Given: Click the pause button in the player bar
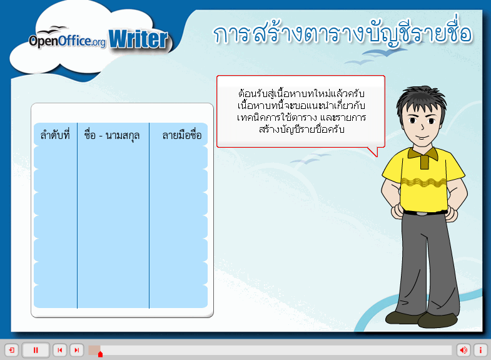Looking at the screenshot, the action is coord(36,350).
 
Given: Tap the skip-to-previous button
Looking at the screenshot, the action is coord(60,350).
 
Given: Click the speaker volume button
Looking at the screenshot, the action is coord(463,350).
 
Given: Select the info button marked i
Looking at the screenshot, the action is coord(480,350).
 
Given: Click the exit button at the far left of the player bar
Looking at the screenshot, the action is coord(12,350).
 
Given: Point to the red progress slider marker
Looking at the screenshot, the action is coord(100,354).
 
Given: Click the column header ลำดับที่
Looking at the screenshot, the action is coord(55,135).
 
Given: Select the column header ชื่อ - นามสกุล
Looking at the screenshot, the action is coord(112,136).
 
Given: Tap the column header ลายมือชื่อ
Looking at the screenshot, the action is coord(182,135).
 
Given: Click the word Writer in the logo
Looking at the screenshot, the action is coord(138,39).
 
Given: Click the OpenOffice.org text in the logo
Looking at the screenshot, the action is coord(68,41).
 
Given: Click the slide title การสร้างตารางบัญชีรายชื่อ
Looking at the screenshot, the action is coord(343,34).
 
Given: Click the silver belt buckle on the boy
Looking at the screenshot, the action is coord(422,214).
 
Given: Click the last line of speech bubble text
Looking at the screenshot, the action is coord(301,129).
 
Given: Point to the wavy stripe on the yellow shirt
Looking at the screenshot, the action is coord(423,182).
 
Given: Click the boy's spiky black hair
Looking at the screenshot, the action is coord(421,99).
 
